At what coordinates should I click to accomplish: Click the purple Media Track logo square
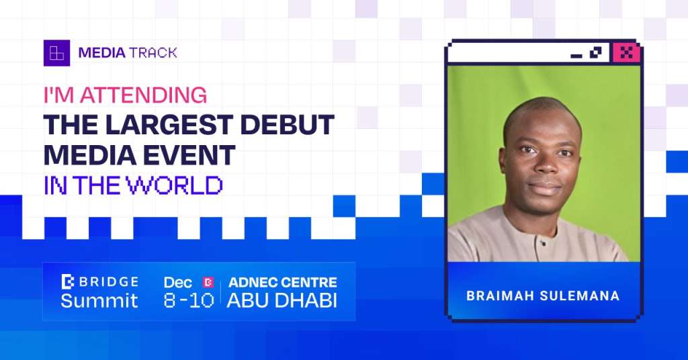[56, 53]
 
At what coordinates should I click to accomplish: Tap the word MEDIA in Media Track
[102, 53]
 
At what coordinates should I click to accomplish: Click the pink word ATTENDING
[144, 95]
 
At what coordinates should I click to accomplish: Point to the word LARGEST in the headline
[169, 125]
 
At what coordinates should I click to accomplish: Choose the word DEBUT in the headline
[288, 125]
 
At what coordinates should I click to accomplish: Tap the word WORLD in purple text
[175, 185]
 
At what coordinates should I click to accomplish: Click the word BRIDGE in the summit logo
[109, 282]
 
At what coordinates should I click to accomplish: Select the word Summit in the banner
[99, 301]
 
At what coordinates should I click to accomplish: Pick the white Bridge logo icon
[68, 281]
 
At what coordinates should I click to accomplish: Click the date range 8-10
[189, 301]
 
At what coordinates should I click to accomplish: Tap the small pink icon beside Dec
[208, 282]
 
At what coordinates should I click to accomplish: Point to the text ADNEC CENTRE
[283, 282]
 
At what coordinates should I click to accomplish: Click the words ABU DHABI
[282, 301]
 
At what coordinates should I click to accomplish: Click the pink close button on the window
[627, 53]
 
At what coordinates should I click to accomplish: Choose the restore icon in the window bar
[596, 52]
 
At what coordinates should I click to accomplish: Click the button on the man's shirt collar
[543, 242]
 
